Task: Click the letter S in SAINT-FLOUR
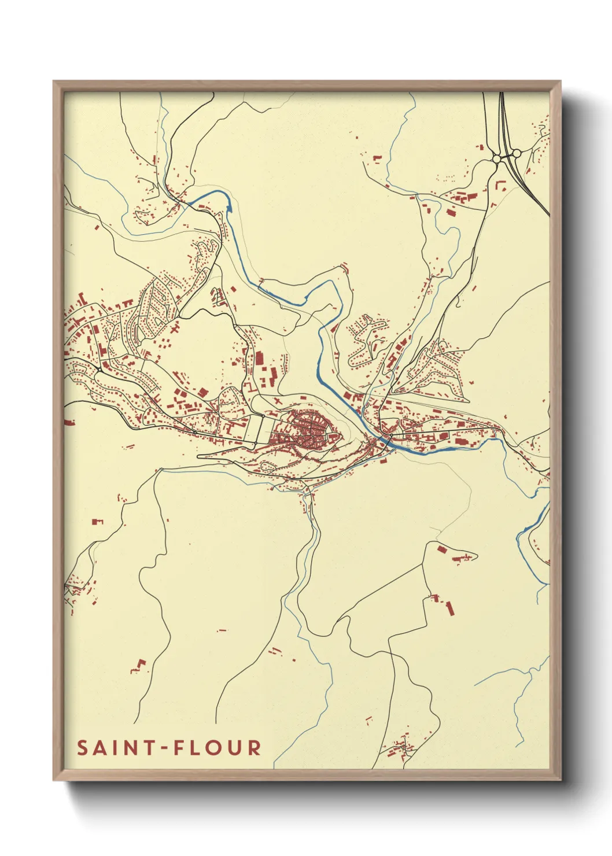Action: click(83, 748)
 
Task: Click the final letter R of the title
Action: click(253, 748)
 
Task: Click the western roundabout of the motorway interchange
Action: click(496, 158)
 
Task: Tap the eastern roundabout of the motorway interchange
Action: click(516, 153)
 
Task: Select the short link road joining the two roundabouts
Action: click(506, 156)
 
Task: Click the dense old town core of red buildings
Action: click(312, 428)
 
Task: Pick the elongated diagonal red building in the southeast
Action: click(450, 608)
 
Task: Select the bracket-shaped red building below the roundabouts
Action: click(501, 186)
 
